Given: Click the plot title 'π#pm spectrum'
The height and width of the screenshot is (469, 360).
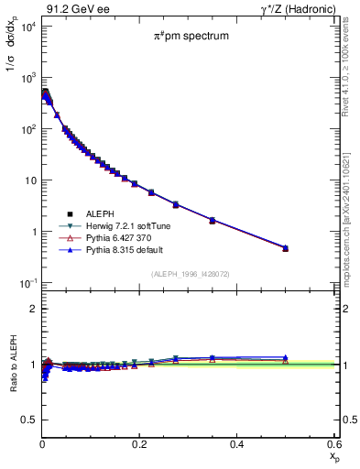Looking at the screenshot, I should coord(191,38).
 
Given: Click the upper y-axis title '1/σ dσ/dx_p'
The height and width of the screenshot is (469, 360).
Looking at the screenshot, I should coord(17,55).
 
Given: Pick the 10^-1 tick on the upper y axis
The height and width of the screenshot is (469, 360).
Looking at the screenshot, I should coord(28,282).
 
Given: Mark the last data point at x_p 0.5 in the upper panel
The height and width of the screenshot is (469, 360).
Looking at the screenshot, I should coord(285,248).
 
